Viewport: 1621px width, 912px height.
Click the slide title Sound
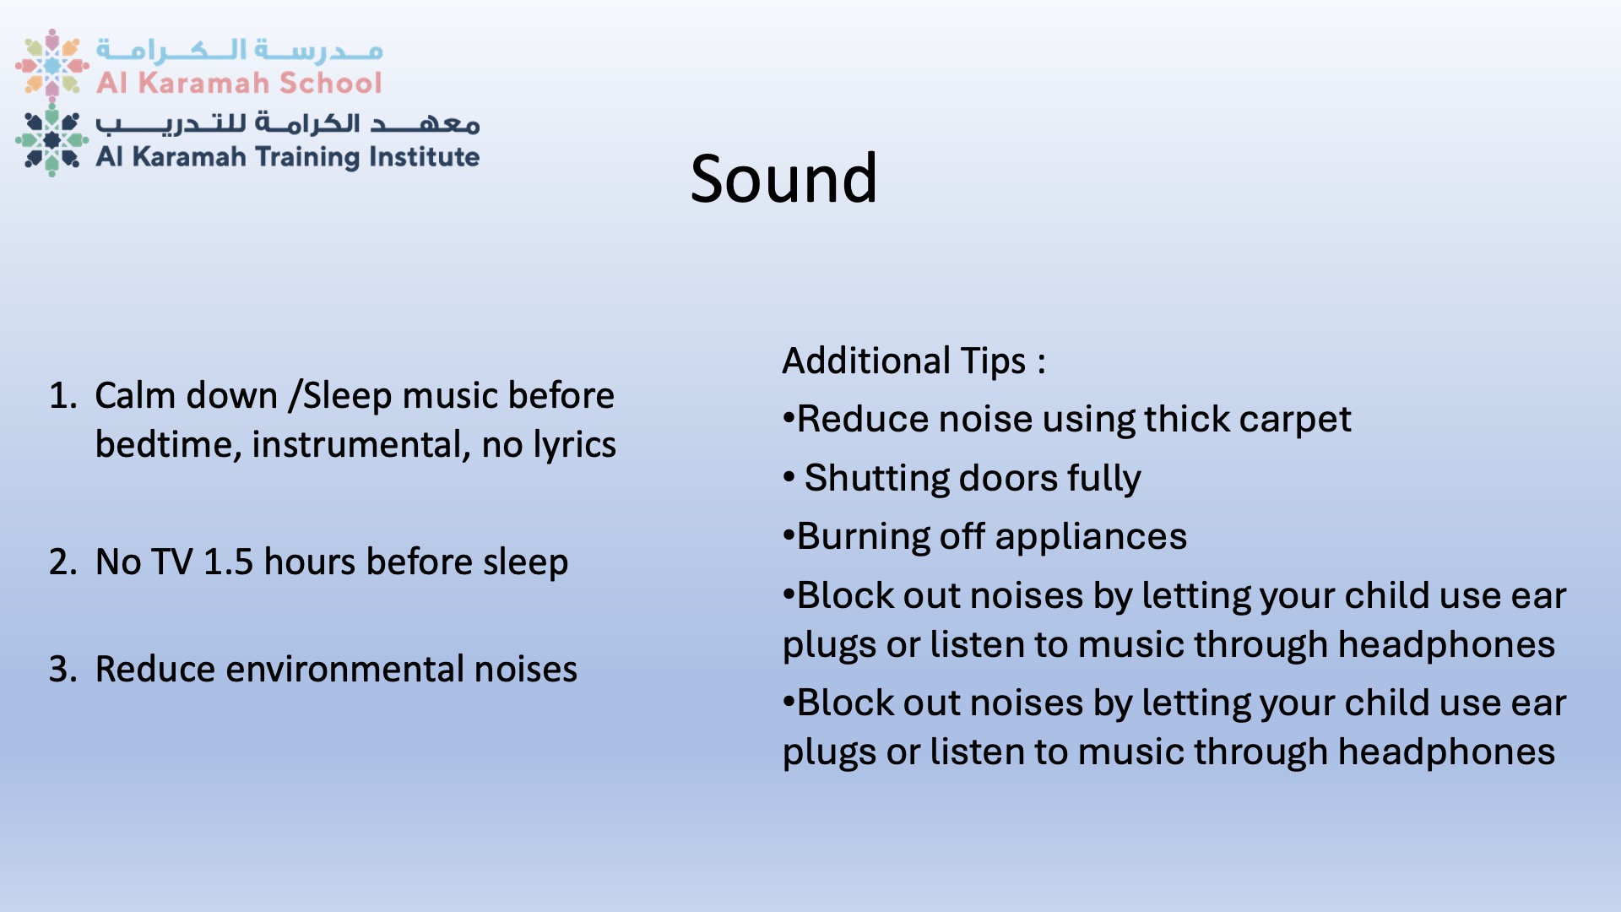click(783, 178)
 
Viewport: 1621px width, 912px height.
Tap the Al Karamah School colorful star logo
click(52, 64)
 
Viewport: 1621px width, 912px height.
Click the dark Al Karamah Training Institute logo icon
click(52, 140)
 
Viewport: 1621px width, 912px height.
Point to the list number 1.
click(62, 396)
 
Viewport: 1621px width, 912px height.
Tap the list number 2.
click(62, 562)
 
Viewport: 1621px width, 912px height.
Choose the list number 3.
click(62, 670)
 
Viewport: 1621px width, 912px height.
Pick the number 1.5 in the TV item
click(229, 562)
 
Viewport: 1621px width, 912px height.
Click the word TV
click(172, 562)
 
